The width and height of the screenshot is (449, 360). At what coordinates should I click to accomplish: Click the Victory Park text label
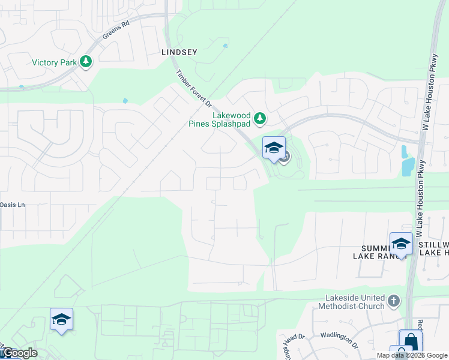click(53, 62)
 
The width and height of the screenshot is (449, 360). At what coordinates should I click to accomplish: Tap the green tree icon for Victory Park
click(86, 61)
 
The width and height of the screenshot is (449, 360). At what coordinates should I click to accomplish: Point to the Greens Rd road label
click(116, 31)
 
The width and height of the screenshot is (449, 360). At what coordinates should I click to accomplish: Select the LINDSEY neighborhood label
click(179, 52)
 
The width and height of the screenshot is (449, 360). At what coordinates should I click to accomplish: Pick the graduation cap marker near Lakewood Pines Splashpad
click(274, 148)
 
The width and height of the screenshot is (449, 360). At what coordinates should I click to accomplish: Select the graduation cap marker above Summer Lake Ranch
click(401, 244)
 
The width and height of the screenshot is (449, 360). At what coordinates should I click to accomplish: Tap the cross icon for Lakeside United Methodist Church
click(394, 301)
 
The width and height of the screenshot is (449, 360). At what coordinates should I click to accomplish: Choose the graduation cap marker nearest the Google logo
click(61, 320)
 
